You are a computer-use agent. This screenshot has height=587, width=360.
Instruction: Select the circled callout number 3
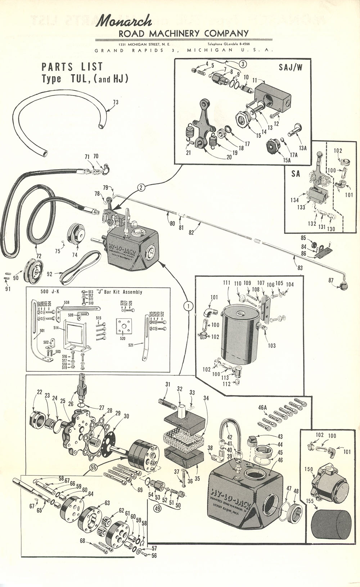(x=243, y=64)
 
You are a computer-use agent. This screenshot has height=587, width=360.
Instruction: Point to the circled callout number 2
(x=141, y=187)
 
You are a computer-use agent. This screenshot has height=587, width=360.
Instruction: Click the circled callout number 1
(x=188, y=306)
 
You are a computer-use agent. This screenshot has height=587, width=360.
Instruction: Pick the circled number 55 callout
(x=94, y=468)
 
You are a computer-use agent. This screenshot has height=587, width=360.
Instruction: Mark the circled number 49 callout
(x=157, y=509)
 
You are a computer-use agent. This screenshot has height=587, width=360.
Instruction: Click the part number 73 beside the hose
(x=116, y=102)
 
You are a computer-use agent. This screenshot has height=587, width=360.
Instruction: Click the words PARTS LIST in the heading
(x=72, y=67)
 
